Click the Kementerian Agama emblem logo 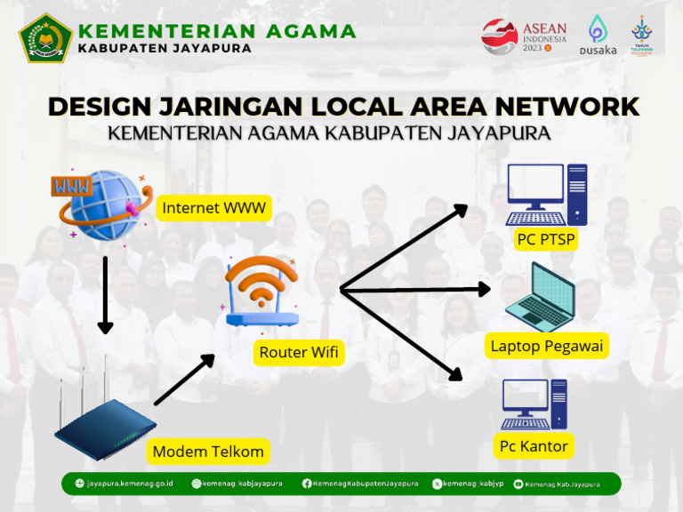click(45, 37)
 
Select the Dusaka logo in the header click(598, 36)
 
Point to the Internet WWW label click(213, 209)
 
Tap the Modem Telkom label click(208, 452)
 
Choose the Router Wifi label click(299, 352)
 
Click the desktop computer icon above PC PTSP click(546, 195)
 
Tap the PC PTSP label click(546, 239)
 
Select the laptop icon click(541, 297)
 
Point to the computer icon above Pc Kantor click(534, 404)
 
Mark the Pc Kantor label click(534, 445)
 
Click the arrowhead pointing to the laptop click(483, 289)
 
